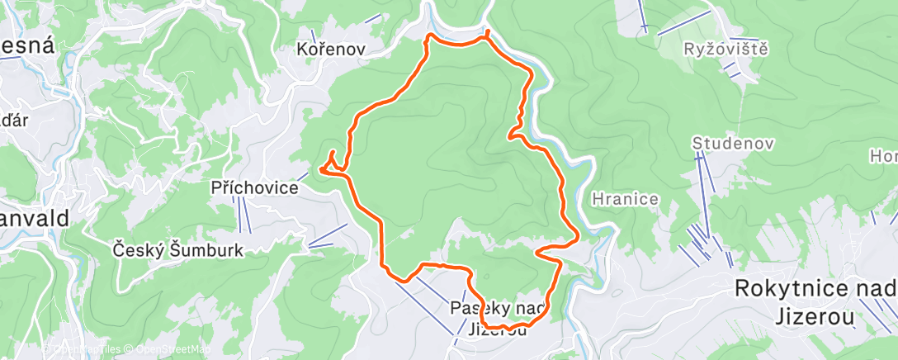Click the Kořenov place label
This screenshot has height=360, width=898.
[x=330, y=50]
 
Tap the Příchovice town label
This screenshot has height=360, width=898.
[x=254, y=188]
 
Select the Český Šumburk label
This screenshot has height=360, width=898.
[x=177, y=249]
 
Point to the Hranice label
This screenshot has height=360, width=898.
[x=625, y=199]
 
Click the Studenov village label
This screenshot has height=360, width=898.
[x=733, y=144]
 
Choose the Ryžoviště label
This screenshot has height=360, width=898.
[x=726, y=49]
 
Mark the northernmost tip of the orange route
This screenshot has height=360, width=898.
[x=488, y=32]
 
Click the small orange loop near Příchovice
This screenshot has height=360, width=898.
[x=332, y=163]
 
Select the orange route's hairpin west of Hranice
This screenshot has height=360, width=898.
[x=541, y=250]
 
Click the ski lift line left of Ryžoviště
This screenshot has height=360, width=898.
[x=642, y=17]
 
